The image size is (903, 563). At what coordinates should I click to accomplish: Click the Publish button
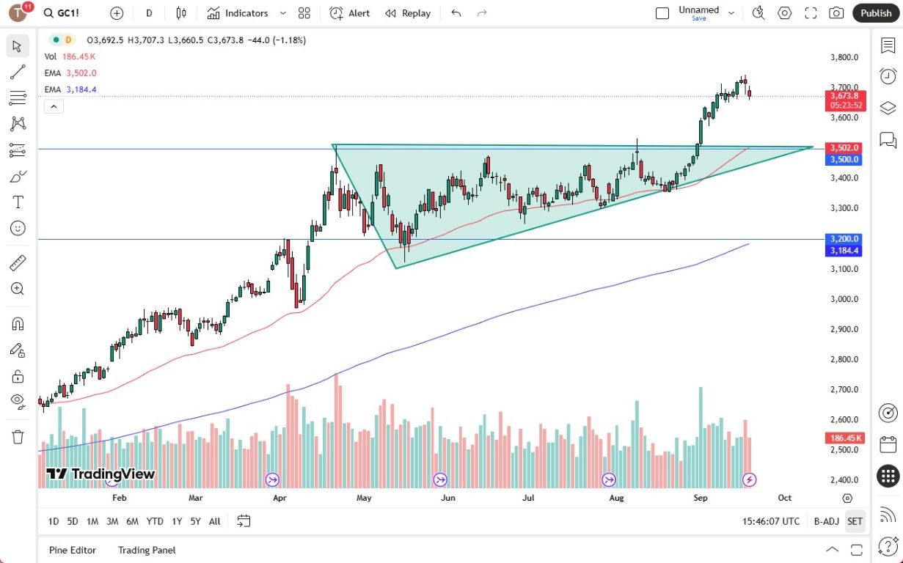(876, 13)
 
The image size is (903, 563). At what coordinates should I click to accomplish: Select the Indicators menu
(238, 13)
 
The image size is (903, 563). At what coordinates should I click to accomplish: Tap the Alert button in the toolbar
(350, 13)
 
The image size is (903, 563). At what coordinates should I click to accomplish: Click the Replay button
(408, 13)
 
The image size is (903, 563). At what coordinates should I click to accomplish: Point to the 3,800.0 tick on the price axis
(844, 57)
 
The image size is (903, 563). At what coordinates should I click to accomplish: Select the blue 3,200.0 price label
(844, 239)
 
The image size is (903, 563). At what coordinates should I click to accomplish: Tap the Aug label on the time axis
(616, 498)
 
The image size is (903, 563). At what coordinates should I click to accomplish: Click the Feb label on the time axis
(120, 498)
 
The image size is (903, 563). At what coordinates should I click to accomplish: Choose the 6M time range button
(132, 521)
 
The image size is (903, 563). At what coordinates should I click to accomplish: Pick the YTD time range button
(155, 521)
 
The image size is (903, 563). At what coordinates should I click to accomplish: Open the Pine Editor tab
(73, 550)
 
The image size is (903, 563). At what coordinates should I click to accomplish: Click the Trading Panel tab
(147, 550)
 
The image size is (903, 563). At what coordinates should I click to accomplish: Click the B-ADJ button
(826, 521)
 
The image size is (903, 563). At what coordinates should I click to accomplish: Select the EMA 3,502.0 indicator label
(70, 73)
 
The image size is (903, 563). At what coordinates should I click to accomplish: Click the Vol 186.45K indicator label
(70, 56)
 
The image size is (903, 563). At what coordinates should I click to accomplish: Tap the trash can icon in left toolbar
(18, 437)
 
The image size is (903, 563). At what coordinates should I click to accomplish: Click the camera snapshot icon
(836, 13)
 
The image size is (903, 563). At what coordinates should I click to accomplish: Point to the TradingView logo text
(100, 474)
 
